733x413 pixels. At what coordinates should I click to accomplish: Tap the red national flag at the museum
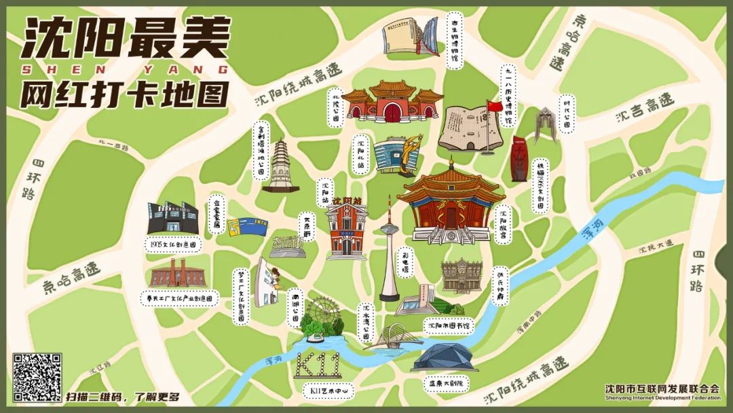click(x=494, y=107)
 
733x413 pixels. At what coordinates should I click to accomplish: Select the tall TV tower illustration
click(x=389, y=251)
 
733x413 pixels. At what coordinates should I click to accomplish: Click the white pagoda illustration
click(x=279, y=166)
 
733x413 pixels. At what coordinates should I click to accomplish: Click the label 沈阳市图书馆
click(x=448, y=325)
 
